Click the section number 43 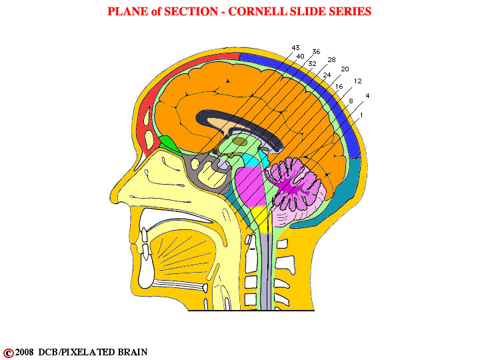(295, 48)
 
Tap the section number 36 (316, 52)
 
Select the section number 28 (331, 60)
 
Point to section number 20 (345, 69)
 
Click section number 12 (357, 81)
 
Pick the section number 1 (361, 115)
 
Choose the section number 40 (300, 56)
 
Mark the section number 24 (327, 75)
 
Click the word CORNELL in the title (258, 11)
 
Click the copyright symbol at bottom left (8, 353)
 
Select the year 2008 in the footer (25, 353)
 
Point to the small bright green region (169, 143)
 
